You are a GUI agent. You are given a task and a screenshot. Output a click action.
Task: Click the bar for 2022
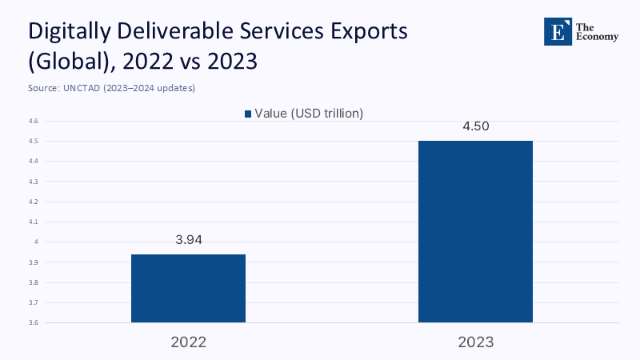click(x=188, y=288)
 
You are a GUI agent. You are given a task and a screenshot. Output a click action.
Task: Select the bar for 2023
click(x=475, y=231)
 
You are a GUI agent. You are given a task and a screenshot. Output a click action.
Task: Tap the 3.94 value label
click(x=188, y=240)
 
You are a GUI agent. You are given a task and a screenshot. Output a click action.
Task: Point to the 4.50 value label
click(x=475, y=126)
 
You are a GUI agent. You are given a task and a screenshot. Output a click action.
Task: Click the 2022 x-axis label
click(x=188, y=342)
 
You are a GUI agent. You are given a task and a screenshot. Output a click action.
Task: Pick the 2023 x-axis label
click(x=475, y=342)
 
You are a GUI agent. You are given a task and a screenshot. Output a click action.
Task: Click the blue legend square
click(x=248, y=114)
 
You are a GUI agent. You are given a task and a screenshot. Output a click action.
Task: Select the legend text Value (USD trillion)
click(x=309, y=114)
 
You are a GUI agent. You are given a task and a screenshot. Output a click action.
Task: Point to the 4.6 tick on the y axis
click(x=34, y=121)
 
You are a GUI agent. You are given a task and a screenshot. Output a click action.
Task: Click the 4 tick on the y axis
click(x=37, y=242)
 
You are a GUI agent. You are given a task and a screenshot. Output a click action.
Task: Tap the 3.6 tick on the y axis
click(x=34, y=322)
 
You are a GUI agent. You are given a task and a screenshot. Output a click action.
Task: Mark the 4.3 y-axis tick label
click(x=34, y=182)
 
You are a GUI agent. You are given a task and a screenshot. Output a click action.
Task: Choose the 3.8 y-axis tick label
click(x=34, y=282)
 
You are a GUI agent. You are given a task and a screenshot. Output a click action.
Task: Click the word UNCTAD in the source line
click(x=81, y=88)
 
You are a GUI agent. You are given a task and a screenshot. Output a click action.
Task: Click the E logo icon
click(x=557, y=30)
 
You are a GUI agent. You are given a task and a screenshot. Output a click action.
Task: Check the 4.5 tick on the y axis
click(x=34, y=141)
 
